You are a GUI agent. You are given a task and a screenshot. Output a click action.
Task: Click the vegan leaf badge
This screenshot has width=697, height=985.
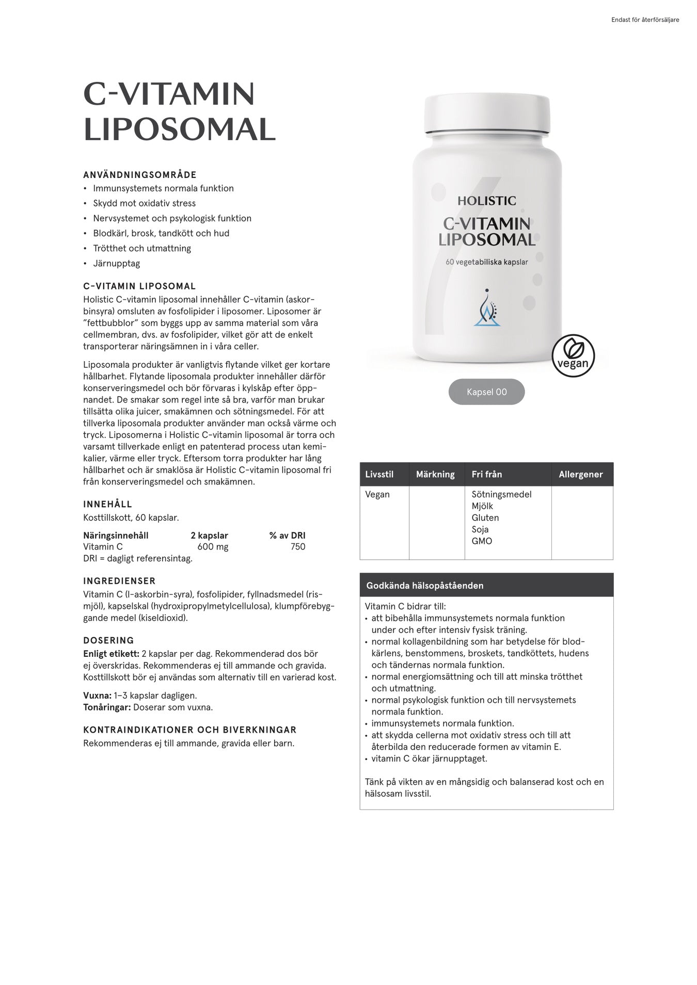pyautogui.click(x=573, y=356)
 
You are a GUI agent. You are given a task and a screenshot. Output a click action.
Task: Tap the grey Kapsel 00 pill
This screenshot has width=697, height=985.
pyautogui.click(x=486, y=392)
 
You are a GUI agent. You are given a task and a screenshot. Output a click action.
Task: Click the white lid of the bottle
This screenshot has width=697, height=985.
pyautogui.click(x=487, y=114)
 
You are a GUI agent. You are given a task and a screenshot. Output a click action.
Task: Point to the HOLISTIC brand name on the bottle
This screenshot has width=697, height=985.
pyautogui.click(x=486, y=201)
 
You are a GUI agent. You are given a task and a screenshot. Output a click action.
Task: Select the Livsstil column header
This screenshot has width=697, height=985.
pyautogui.click(x=379, y=474)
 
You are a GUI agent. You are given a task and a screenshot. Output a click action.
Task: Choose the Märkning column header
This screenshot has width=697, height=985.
pyautogui.click(x=435, y=474)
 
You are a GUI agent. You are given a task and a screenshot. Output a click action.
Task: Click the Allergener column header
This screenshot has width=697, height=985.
pyautogui.click(x=581, y=474)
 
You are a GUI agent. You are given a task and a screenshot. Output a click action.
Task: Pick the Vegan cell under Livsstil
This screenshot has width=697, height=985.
pyautogui.click(x=377, y=494)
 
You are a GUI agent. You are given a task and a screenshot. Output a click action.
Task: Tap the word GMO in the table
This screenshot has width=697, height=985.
pyautogui.click(x=482, y=541)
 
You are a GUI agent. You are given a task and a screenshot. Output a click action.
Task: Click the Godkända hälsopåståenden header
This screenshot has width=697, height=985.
pyautogui.click(x=425, y=586)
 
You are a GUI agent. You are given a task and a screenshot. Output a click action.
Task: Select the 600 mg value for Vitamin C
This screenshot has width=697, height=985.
pyautogui.click(x=213, y=547)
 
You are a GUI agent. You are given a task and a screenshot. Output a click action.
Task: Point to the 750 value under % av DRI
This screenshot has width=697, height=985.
pyautogui.click(x=298, y=547)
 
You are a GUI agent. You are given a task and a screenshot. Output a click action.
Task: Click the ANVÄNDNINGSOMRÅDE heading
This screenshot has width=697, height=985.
pyautogui.click(x=140, y=175)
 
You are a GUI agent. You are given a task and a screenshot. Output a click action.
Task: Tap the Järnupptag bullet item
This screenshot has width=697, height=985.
pyautogui.click(x=116, y=264)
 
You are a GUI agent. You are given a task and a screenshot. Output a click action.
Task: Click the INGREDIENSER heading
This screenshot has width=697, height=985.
pyautogui.click(x=119, y=581)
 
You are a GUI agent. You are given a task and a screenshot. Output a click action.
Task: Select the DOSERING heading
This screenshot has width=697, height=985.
pyautogui.click(x=108, y=641)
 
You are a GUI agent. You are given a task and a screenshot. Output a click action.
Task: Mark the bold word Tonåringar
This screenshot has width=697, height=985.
pyautogui.click(x=107, y=707)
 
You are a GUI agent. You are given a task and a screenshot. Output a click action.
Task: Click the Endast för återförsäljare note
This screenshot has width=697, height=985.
pyautogui.click(x=645, y=20)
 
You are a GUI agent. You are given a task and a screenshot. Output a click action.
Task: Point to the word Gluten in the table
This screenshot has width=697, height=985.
pyautogui.click(x=485, y=518)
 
